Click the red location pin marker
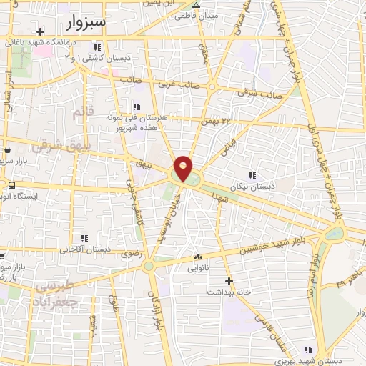pyautogui.click(x=183, y=167)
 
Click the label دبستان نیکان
pyautogui.click(x=252, y=187)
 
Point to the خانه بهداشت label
pyautogui.click(x=228, y=292)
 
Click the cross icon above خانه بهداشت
pyautogui.click(x=228, y=280)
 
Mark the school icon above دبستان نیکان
pyautogui.click(x=252, y=175)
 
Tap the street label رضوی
pyautogui.click(x=132, y=253)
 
